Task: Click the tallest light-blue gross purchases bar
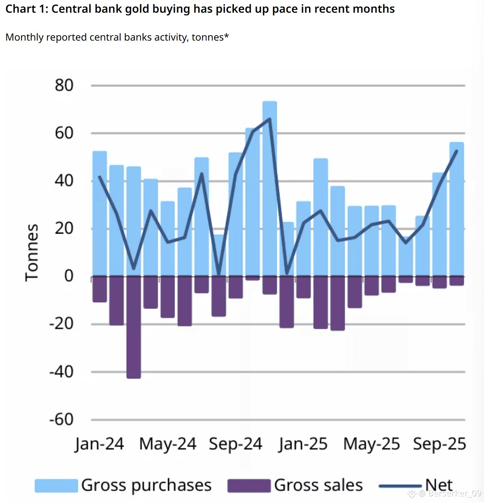(270, 187)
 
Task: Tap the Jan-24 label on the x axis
(99, 444)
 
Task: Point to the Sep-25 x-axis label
(440, 444)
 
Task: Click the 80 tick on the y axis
(64, 85)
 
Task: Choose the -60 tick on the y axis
(61, 419)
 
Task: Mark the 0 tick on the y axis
(69, 276)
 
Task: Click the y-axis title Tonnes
(32, 252)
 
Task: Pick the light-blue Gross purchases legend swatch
(56, 485)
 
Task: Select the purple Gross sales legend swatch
(249, 485)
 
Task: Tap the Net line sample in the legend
(400, 486)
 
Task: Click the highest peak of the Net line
(270, 119)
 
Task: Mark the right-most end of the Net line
(457, 151)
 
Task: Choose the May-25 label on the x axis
(371, 444)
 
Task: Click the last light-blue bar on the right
(457, 208)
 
